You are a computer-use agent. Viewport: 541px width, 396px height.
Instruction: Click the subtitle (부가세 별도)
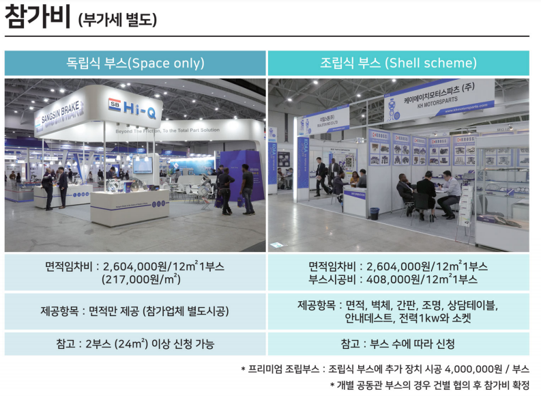pyautogui.click(x=117, y=20)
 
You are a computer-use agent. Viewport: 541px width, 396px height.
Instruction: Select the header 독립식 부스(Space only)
pyautogui.click(x=135, y=63)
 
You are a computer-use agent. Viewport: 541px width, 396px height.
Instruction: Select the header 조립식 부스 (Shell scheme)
pyautogui.click(x=398, y=63)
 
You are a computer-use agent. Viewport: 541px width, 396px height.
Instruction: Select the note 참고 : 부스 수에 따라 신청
pyautogui.click(x=398, y=343)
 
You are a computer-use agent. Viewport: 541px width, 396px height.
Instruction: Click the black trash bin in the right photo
pyautogui.click(x=375, y=213)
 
